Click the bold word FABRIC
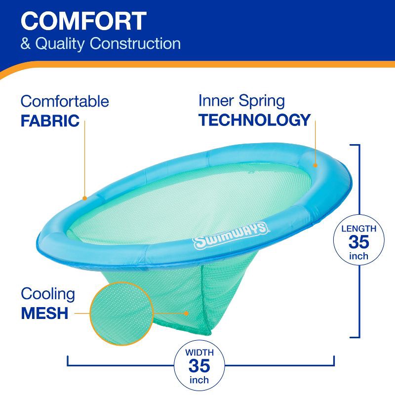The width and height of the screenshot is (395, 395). [50, 121]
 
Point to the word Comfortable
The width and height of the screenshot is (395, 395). [65, 102]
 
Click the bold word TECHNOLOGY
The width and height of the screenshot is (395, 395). [254, 120]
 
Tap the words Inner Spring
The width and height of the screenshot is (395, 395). [241, 101]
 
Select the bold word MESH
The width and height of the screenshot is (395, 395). [44, 313]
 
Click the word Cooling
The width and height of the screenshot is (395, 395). [48, 294]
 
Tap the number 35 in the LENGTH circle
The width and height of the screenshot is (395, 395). [358, 242]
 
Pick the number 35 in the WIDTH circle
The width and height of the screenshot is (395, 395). [199, 366]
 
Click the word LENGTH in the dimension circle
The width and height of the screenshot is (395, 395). [358, 229]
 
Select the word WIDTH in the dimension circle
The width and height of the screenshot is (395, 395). [199, 353]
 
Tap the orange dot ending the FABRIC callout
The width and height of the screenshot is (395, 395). [85, 198]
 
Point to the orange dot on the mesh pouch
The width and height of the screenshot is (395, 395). [186, 313]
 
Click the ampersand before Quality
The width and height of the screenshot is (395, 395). [25, 43]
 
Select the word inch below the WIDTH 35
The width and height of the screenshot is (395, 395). [199, 380]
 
